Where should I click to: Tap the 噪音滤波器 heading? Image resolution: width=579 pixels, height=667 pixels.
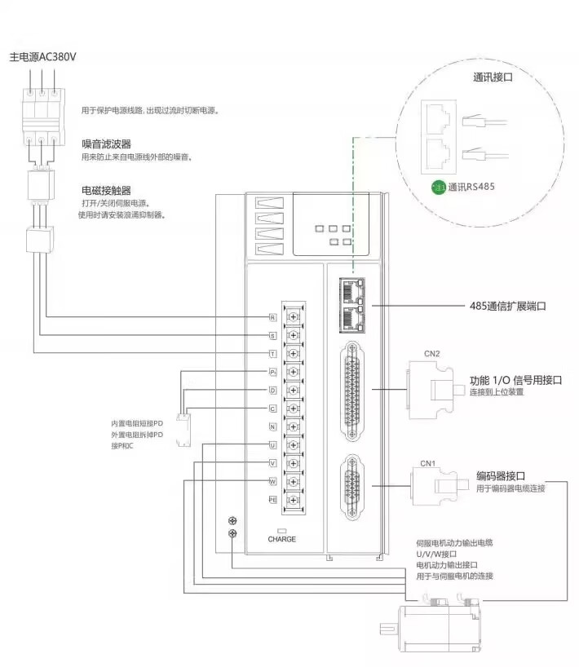pyautogui.click(x=107, y=144)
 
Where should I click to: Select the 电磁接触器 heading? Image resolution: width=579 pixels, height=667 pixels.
pyautogui.click(x=107, y=190)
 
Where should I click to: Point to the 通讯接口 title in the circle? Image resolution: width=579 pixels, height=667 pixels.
pyautogui.click(x=494, y=78)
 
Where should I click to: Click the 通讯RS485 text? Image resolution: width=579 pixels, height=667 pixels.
pyautogui.click(x=471, y=187)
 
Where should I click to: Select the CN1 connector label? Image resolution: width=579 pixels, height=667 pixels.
pyautogui.click(x=428, y=463)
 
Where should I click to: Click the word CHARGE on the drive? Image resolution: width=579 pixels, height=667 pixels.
pyautogui.click(x=281, y=539)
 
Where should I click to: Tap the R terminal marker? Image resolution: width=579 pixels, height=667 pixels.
pyautogui.click(x=272, y=316)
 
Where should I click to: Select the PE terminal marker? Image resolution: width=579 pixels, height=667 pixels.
pyautogui.click(x=273, y=497)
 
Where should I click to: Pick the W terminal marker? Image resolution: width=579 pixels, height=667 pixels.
pyautogui.click(x=272, y=479)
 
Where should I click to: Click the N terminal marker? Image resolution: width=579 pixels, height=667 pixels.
pyautogui.click(x=272, y=426)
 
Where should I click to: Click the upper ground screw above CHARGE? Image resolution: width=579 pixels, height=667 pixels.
pyautogui.click(x=232, y=520)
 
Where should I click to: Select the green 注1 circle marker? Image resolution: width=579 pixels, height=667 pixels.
pyautogui.click(x=440, y=187)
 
